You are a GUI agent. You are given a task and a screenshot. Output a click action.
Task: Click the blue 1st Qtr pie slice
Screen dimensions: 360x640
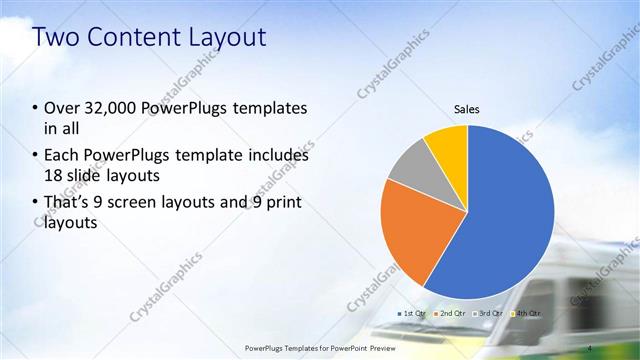pos(510,220)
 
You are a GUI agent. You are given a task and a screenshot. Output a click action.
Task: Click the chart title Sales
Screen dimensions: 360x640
pos(467,108)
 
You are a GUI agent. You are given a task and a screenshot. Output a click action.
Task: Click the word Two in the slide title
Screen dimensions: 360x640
pos(54,37)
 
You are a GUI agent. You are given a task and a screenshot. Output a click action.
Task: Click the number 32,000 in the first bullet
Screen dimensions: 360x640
pos(108,108)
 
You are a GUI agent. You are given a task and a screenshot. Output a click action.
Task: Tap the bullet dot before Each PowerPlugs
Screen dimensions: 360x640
pos(36,156)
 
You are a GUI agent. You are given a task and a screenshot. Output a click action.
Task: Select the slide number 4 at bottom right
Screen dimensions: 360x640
pos(591,347)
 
